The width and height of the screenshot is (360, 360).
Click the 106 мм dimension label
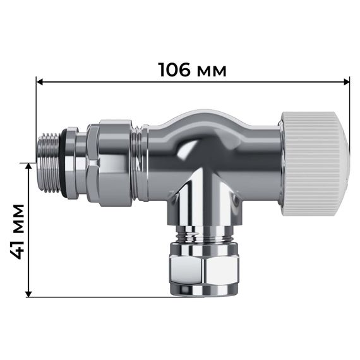click(x=192, y=69)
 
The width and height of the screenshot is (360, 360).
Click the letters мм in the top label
click(x=212, y=70)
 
